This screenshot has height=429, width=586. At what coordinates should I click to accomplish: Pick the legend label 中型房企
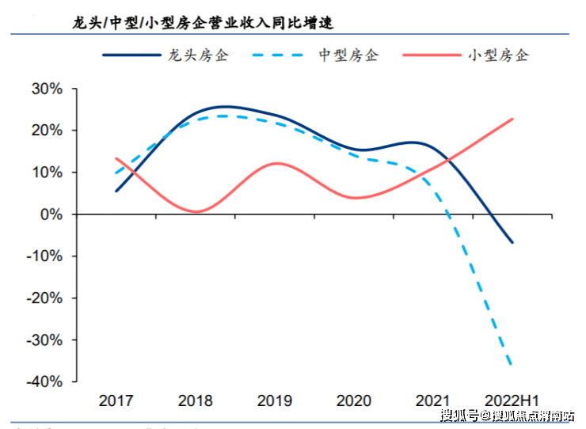(x=348, y=56)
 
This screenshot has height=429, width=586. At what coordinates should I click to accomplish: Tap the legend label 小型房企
(x=498, y=56)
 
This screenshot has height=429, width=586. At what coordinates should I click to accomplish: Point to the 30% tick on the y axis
(x=47, y=89)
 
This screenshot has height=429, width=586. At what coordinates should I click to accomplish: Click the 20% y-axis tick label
(x=47, y=131)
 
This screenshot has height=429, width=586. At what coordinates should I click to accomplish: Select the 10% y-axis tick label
(x=47, y=173)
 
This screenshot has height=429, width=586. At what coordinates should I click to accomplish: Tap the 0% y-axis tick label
(x=51, y=214)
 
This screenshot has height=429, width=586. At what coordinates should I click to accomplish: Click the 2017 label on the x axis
(x=116, y=401)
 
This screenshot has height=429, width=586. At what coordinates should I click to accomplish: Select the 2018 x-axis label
(x=195, y=401)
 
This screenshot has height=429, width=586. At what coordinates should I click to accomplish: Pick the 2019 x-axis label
(x=274, y=401)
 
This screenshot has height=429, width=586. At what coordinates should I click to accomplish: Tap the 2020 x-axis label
(x=353, y=401)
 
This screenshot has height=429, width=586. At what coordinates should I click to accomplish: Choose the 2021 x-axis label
(x=432, y=401)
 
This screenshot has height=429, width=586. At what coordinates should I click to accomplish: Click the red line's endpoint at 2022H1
(x=512, y=120)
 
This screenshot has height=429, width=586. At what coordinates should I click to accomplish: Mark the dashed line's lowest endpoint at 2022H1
(x=512, y=365)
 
